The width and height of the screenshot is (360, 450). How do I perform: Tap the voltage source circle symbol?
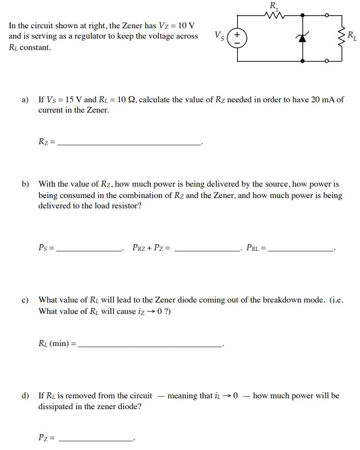pos(238,38)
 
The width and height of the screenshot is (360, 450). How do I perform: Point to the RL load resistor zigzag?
pos(342,37)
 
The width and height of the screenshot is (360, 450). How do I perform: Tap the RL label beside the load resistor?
pos(352,37)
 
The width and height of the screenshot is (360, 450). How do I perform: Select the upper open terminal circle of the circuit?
pos(327,16)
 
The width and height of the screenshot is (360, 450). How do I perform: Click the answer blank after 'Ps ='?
pos(90,250)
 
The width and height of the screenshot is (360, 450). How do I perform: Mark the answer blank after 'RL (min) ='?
pos(151,345)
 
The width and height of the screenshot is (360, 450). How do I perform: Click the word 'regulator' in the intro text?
pos(93,36)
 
